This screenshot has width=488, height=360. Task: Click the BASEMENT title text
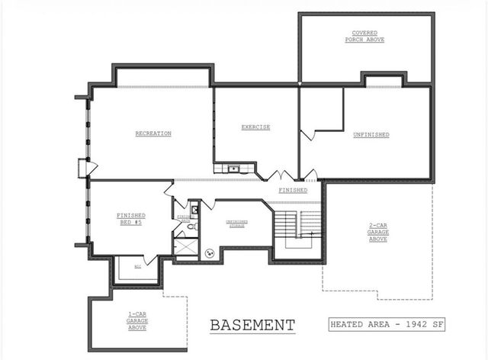[x=252, y=325]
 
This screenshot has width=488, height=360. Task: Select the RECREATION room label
[x=152, y=133]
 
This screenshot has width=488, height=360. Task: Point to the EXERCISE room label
[x=255, y=127]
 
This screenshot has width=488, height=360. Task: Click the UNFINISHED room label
[x=371, y=134]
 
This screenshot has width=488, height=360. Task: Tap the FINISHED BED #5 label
[x=130, y=218]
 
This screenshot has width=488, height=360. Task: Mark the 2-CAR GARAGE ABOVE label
[x=377, y=232]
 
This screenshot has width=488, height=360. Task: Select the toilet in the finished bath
[x=195, y=227]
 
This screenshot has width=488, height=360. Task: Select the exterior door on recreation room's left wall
[x=85, y=168]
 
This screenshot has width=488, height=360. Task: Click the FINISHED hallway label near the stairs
[x=293, y=190]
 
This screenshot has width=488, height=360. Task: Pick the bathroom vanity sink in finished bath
[x=194, y=208]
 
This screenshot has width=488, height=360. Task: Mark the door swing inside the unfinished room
[x=309, y=135]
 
